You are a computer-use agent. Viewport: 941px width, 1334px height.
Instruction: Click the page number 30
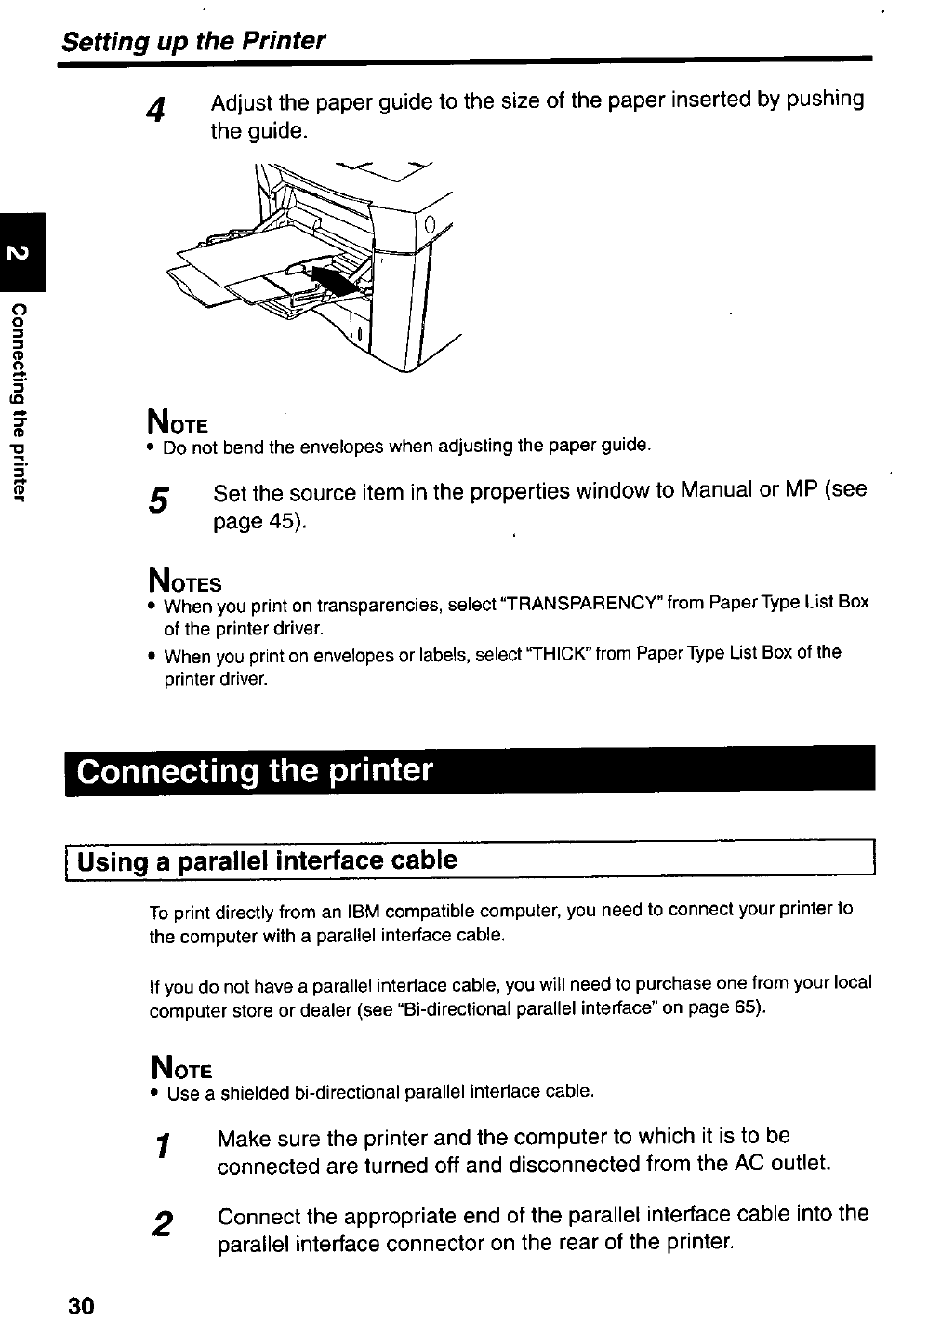tap(81, 1307)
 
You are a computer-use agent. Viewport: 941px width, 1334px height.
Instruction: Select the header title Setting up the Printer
tap(192, 42)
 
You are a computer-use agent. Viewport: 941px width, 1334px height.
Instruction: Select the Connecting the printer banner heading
tap(255, 771)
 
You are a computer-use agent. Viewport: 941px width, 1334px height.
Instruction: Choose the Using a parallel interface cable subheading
tap(268, 860)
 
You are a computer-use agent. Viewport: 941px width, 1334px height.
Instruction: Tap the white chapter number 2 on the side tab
tap(22, 252)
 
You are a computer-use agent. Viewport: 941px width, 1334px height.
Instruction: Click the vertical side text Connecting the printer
tap(20, 400)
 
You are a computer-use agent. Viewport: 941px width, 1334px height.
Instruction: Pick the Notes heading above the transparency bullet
tap(184, 582)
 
